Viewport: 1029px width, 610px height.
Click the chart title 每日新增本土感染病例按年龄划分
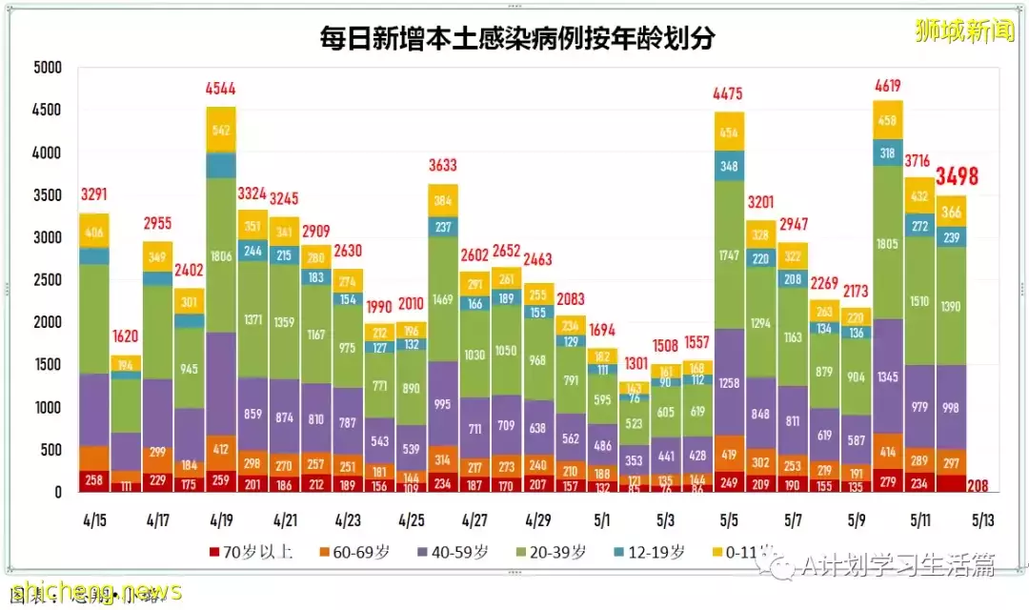517,39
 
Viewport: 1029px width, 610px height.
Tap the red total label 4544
221,91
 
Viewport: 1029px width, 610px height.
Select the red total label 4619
888,86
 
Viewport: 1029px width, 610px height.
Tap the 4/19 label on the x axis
220,522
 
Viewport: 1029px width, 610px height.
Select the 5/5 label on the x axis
730,522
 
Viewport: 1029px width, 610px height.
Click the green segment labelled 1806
221,255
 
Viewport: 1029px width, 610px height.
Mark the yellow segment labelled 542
221,130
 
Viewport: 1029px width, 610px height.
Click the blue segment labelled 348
730,166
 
